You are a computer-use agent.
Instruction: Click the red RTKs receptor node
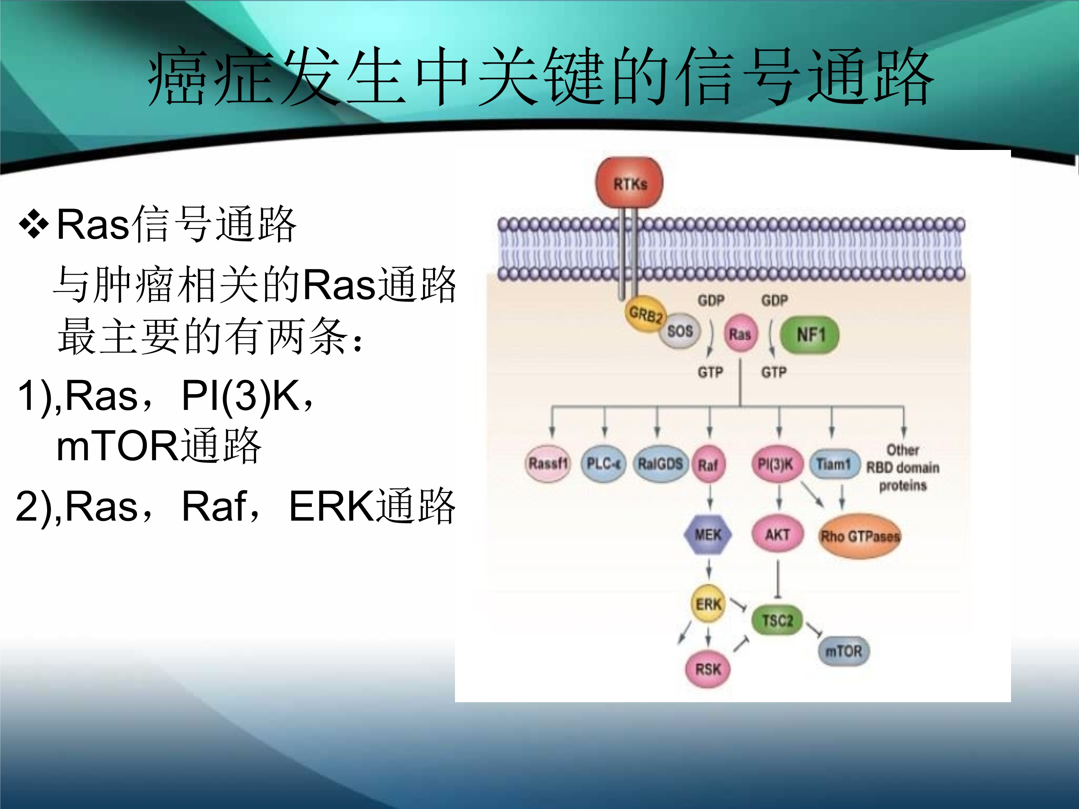(x=629, y=183)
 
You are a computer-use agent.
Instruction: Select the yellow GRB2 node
(x=645, y=315)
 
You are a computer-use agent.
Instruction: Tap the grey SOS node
(x=680, y=332)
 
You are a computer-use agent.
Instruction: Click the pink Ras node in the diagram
(x=740, y=334)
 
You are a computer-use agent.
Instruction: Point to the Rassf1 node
(x=548, y=463)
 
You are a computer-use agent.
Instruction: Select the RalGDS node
(x=660, y=463)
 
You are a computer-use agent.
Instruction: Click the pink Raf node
(x=708, y=465)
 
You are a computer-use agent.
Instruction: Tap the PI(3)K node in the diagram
(x=775, y=464)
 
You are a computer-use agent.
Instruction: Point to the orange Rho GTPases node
(x=860, y=536)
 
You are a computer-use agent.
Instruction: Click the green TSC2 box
(x=778, y=620)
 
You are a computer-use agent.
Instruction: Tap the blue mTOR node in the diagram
(x=843, y=651)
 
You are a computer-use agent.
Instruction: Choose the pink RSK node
(x=708, y=669)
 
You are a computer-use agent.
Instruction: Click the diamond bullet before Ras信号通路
(x=34, y=224)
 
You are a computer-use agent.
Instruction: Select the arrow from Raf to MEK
(x=710, y=498)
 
